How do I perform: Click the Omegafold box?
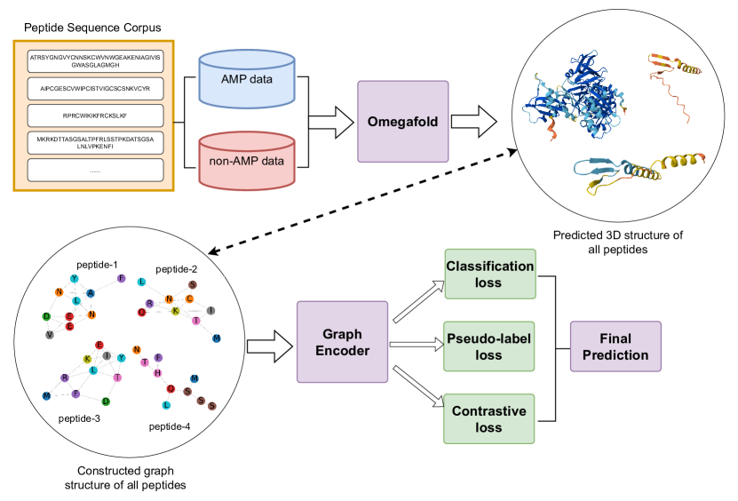tap(403, 121)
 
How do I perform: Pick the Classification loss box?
tap(489, 274)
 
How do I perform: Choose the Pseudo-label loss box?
tap(489, 347)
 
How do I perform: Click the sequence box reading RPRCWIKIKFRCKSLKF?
tap(96, 115)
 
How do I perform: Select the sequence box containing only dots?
tap(96, 170)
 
